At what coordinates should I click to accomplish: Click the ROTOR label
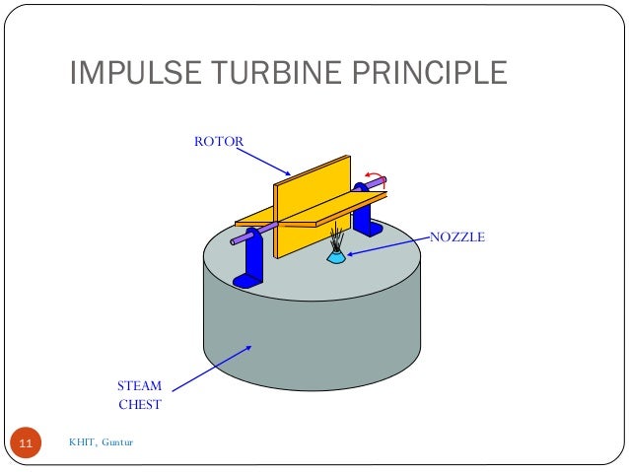[x=218, y=142]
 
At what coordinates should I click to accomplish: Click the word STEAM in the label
[x=139, y=386]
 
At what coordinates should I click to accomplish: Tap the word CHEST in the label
[x=139, y=404]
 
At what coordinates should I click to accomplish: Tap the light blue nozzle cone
[x=336, y=256]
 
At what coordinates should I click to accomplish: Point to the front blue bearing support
[x=254, y=258]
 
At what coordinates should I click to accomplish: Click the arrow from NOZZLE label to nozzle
[x=388, y=245]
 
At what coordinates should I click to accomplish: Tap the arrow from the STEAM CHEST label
[x=217, y=362]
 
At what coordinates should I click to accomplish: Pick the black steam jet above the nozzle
[x=337, y=237]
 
